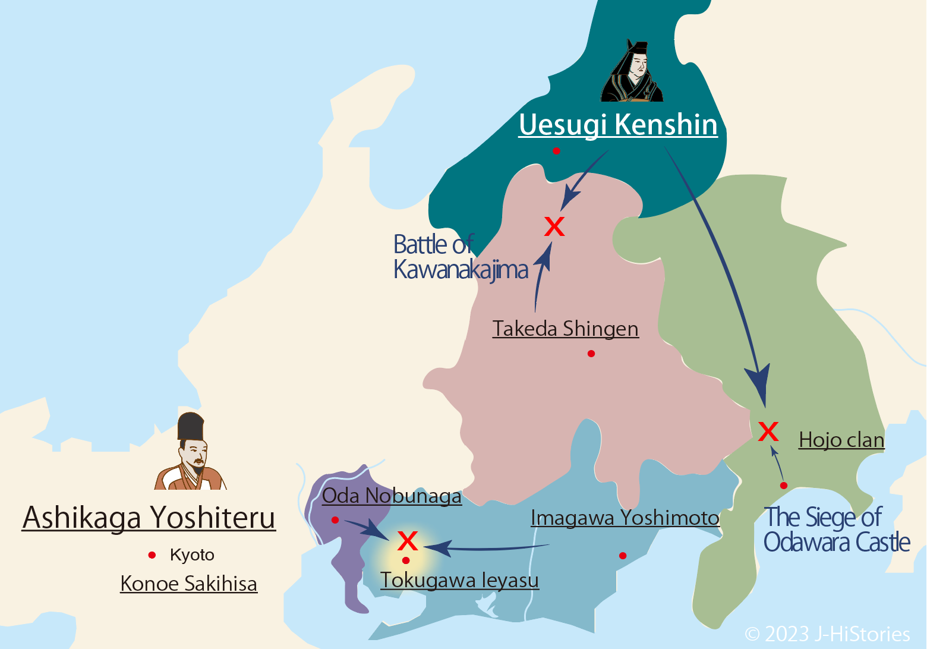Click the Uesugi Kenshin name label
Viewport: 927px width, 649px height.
click(618, 125)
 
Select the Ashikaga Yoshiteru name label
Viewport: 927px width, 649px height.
click(149, 517)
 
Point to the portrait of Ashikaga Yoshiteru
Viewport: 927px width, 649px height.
click(191, 452)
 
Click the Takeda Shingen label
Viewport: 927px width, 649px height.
click(565, 329)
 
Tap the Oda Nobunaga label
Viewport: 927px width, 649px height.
click(392, 496)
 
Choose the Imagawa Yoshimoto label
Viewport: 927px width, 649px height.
click(625, 518)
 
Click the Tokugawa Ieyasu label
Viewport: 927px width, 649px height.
click(459, 580)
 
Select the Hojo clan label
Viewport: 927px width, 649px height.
click(841, 440)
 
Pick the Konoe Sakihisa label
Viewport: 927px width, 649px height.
click(188, 584)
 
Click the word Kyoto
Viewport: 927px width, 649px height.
click(192, 555)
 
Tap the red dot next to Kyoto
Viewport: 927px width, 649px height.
click(152, 555)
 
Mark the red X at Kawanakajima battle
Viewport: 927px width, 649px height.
click(554, 226)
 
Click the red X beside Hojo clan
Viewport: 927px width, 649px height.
click(768, 431)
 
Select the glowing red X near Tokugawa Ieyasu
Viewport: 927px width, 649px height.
click(408, 541)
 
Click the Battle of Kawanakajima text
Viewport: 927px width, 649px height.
click(461, 257)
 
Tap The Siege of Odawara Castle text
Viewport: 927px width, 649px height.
click(837, 530)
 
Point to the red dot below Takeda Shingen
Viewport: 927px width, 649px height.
click(591, 354)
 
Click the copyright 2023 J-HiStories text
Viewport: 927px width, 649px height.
click(827, 634)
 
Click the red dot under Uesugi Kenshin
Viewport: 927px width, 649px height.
click(556, 151)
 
